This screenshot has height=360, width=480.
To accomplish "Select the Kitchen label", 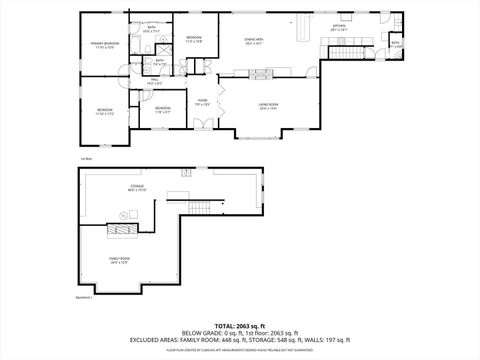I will [339, 28].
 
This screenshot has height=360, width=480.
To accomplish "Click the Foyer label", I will [202, 102].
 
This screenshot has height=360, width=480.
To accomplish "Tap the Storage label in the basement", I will [136, 186].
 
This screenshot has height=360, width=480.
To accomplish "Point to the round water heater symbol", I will [123, 214].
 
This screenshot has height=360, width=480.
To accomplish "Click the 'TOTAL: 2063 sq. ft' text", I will [239, 326].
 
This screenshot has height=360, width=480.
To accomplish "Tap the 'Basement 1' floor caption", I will [85, 297].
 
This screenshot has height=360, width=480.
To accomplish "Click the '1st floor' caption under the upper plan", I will [86, 158].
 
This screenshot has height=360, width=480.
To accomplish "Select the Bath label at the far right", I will [395, 44].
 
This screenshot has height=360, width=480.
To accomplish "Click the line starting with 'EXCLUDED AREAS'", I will [239, 340].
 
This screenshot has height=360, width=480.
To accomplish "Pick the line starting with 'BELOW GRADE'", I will [239, 333].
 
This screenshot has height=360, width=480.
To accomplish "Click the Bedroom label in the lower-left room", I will [105, 111].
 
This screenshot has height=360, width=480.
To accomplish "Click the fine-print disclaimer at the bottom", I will [239, 350].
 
